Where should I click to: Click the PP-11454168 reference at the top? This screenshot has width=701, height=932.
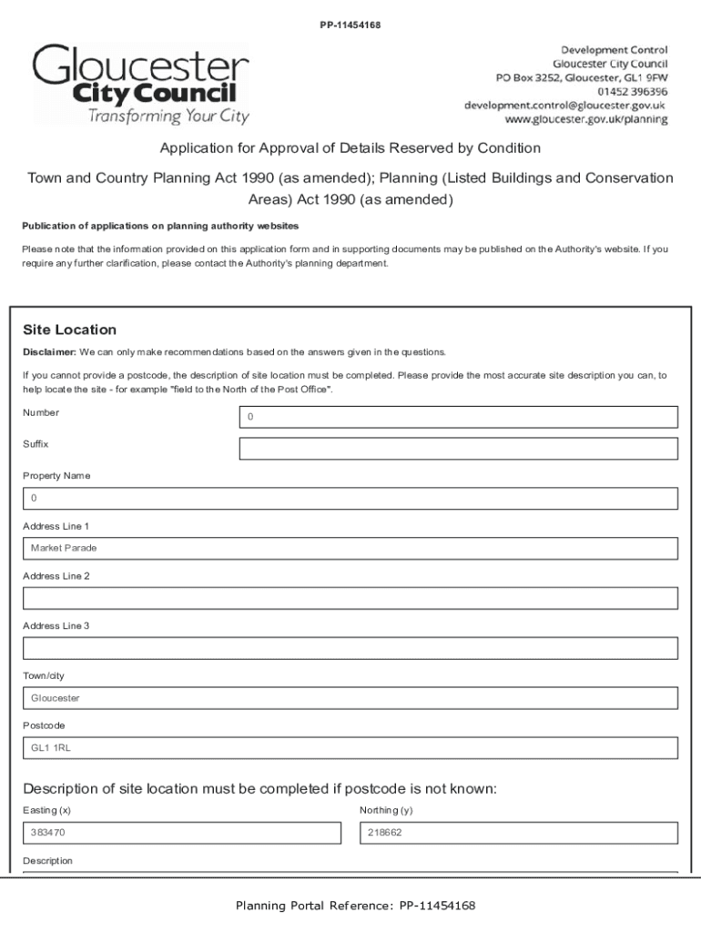coord(350,25)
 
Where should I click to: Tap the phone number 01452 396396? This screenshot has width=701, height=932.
coord(632,91)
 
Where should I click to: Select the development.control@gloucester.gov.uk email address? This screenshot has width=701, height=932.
coord(564,105)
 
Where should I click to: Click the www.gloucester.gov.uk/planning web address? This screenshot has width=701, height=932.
coord(585,119)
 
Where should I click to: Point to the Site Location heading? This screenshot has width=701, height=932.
coord(69,329)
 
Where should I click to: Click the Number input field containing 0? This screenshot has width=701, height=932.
coord(458,417)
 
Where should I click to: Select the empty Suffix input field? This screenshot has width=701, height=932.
coord(458,449)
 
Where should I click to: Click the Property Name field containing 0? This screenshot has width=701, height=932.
coord(350,499)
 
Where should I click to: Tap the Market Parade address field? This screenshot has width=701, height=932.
coord(350,549)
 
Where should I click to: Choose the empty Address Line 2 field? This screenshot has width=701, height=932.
coord(350,598)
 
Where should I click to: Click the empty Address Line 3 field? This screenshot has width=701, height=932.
coord(350,648)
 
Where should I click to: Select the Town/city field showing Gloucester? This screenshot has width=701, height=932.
coord(350,698)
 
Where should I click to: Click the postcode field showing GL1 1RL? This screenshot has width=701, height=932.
coord(350,748)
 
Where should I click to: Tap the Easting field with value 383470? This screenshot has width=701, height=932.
coord(181,833)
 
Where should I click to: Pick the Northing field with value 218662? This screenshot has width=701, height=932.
coord(518,833)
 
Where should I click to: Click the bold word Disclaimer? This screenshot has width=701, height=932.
coord(49,352)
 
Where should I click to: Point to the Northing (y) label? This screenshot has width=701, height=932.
coord(386,810)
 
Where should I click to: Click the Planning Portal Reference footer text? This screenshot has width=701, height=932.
coord(355,906)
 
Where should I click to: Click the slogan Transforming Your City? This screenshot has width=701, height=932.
coord(168,116)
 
